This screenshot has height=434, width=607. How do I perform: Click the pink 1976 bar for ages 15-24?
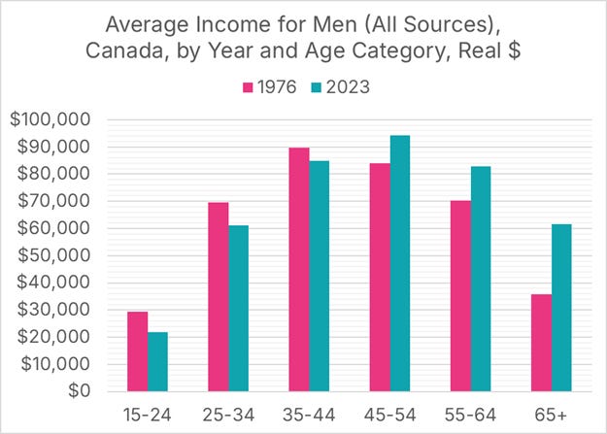pos(137,351)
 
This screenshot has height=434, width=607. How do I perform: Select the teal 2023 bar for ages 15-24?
pos(157,361)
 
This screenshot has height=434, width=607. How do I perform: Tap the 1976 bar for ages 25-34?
pos(219,296)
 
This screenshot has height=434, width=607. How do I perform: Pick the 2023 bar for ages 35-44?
pos(320,276)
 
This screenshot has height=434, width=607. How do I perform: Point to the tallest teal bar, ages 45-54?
pos(400,263)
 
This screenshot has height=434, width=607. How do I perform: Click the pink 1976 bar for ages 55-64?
pos(460,295)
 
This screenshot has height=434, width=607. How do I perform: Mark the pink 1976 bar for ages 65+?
pos(541,342)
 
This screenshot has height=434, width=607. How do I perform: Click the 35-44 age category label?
pos(309,415)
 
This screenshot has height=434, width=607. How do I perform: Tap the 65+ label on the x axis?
pos(552,415)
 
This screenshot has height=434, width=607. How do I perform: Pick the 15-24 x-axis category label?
pos(147,415)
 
